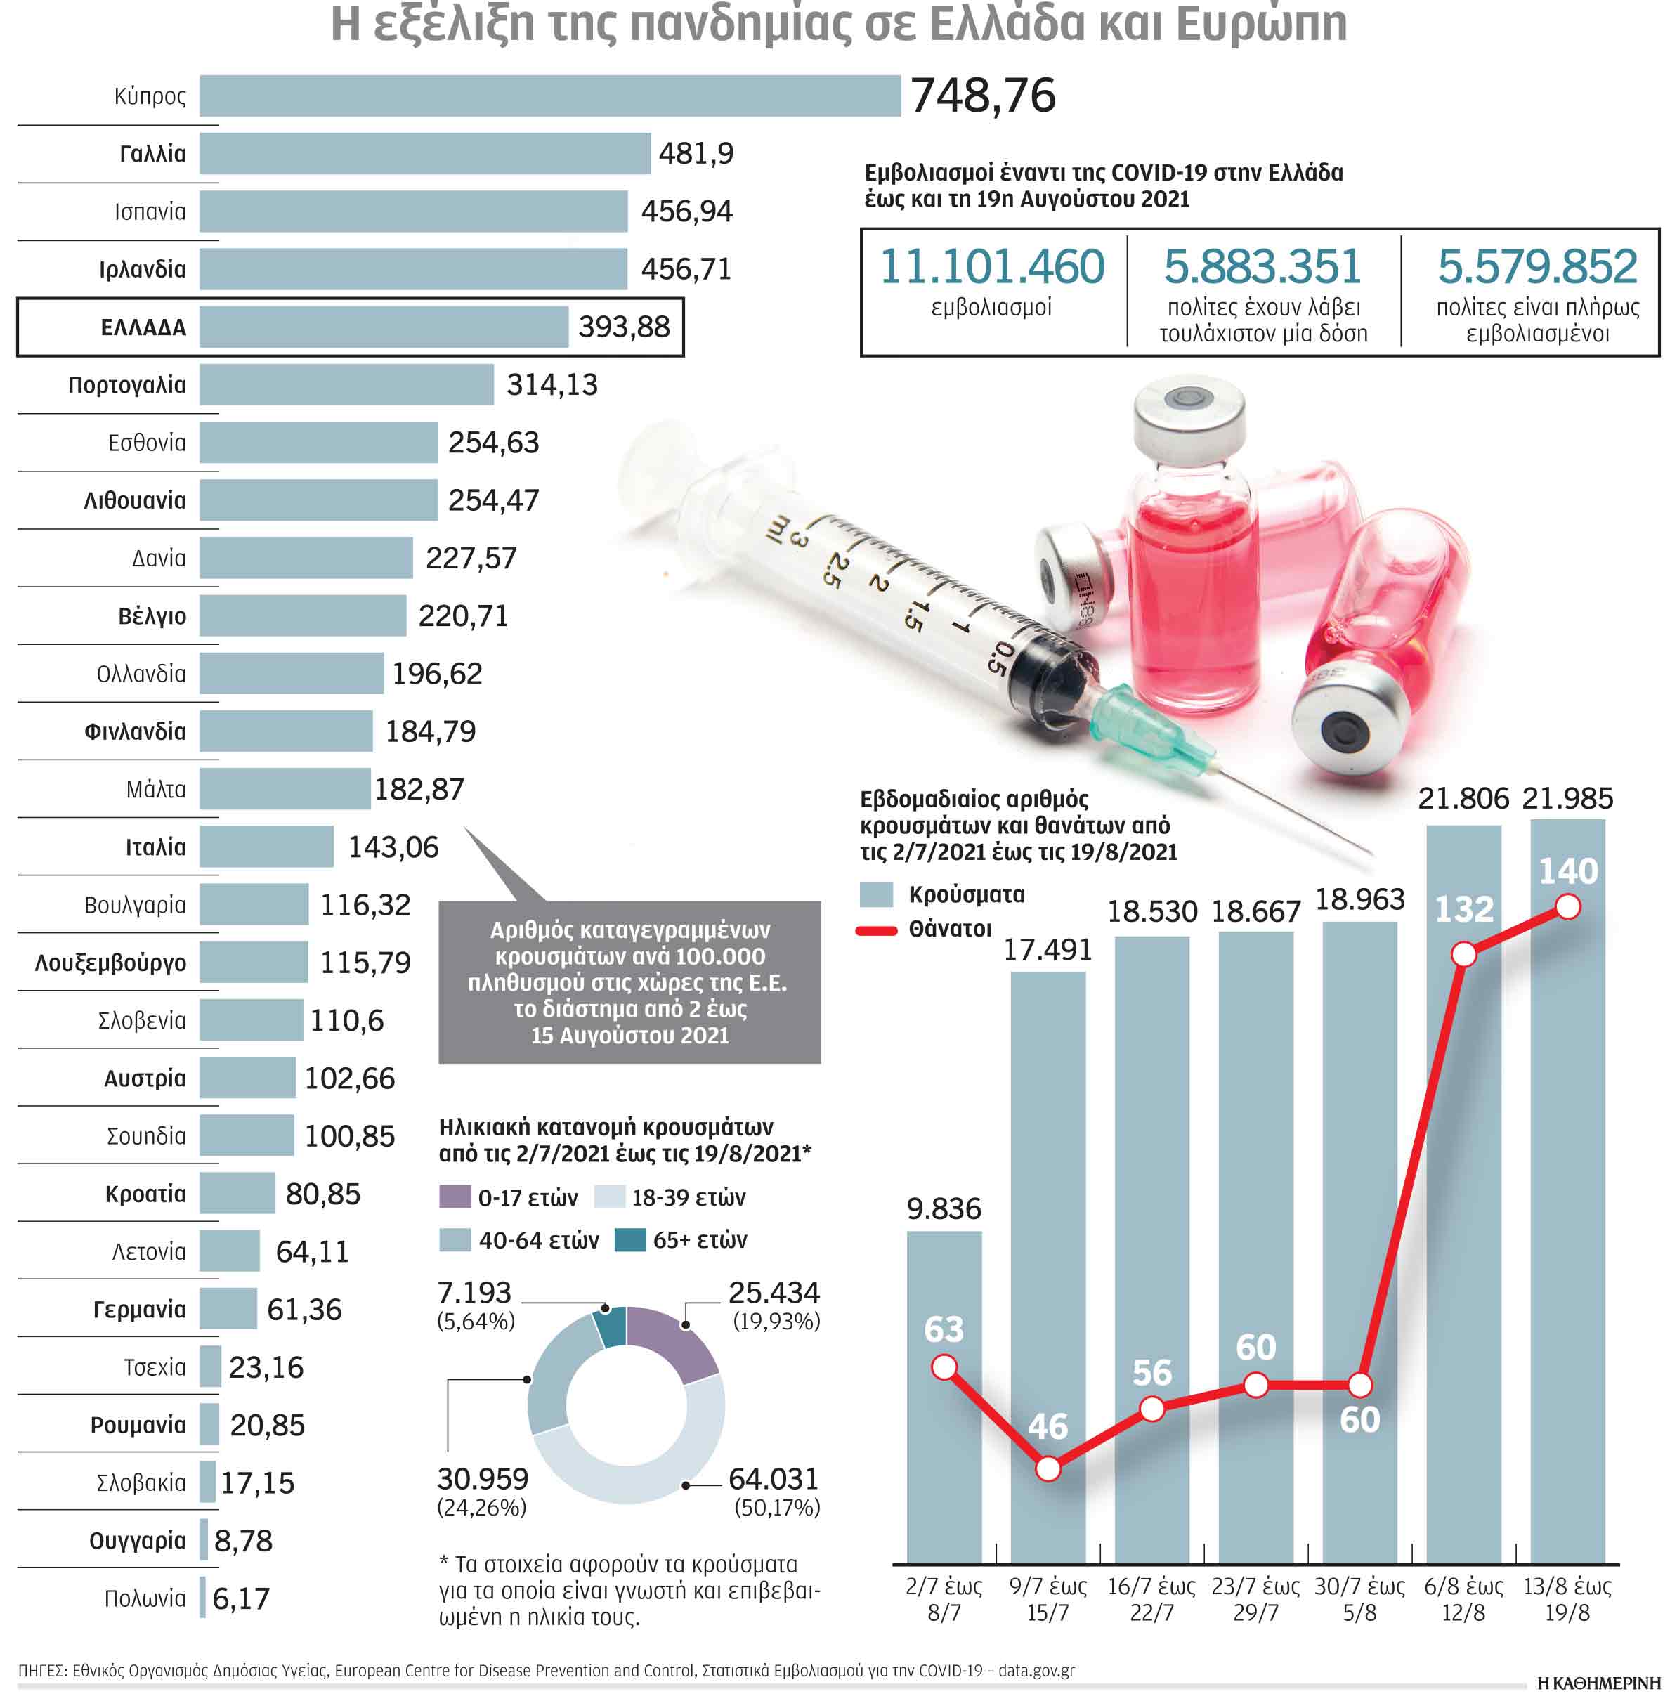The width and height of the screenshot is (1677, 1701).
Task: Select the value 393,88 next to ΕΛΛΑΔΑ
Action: coord(623,327)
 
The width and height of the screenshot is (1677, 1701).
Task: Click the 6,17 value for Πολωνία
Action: coord(240,1598)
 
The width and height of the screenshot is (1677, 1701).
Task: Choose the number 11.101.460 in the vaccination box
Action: coord(991,266)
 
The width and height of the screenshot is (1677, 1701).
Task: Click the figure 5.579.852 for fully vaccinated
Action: coord(1536,266)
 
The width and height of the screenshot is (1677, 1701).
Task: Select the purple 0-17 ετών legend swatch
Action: coord(455,1197)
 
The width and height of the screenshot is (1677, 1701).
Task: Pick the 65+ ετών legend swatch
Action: coord(629,1239)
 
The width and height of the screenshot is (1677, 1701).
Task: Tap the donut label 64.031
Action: coord(773,1478)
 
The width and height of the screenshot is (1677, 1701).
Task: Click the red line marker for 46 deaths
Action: coord(1048,1468)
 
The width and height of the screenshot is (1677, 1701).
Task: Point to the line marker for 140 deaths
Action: coord(1567,906)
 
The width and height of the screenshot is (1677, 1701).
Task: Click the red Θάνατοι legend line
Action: coord(875,930)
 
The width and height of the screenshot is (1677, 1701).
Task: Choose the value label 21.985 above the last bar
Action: coord(1567,797)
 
